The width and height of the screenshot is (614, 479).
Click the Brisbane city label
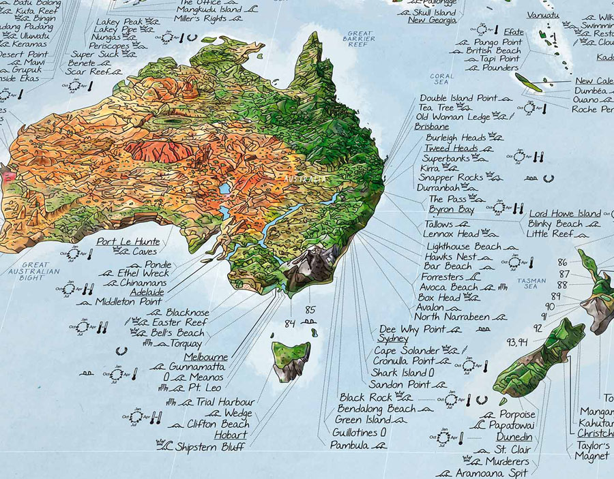[431, 126]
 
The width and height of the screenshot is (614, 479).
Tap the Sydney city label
[393, 339]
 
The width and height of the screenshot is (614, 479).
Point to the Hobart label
[231, 435]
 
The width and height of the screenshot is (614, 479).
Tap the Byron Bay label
[451, 209]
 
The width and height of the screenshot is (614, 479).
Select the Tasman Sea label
[531, 284]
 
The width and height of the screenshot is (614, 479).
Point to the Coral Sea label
[442, 80]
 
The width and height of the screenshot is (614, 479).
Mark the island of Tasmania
[291, 358]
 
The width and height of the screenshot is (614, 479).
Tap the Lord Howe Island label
[565, 213]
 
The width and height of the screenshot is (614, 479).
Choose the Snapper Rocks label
[451, 177]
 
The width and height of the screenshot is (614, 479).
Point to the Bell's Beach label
[177, 333]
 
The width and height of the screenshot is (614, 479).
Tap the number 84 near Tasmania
[290, 323]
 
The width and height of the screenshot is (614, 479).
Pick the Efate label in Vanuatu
[514, 32]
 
